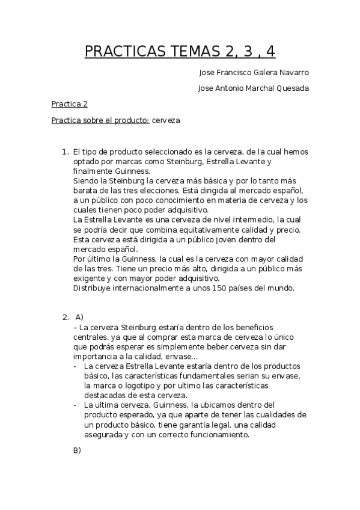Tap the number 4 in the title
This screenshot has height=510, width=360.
269,52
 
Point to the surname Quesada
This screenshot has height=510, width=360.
292,88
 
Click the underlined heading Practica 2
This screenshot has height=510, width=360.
69,104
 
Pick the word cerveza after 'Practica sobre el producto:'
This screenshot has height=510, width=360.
166,120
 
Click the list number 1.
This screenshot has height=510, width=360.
64,152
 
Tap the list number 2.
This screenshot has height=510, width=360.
64,317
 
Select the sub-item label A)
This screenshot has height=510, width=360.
79,317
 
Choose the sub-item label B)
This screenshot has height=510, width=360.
77,450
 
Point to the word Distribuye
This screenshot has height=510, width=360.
93,288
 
